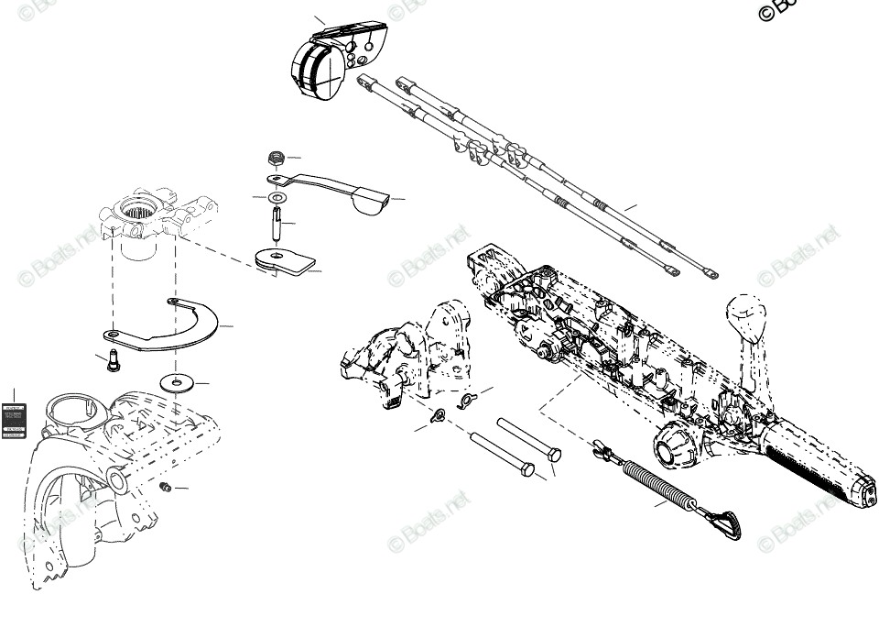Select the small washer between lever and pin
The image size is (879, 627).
pyautogui.click(x=277, y=197)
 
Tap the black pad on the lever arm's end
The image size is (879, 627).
pyautogui.click(x=369, y=200)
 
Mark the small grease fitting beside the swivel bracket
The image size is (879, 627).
pyautogui.click(x=166, y=487)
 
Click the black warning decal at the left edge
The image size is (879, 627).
pyautogui.click(x=14, y=421)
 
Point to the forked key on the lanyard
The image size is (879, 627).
pyautogui.click(x=602, y=449)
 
